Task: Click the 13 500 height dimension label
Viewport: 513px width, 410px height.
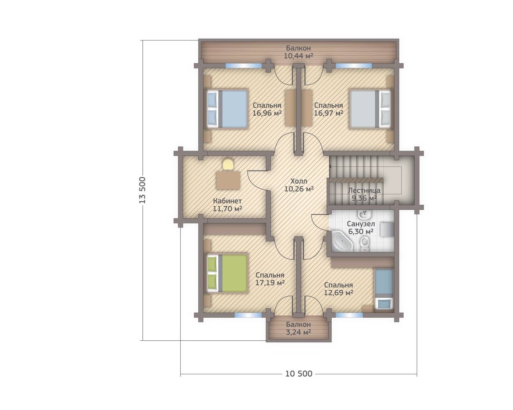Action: point(142,190)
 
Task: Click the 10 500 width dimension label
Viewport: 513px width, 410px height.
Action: point(299,374)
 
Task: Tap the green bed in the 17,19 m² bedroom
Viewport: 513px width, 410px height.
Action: point(227,273)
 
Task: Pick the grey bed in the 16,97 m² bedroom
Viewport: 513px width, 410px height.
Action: point(370,109)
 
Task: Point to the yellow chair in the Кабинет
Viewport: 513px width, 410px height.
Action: point(228,164)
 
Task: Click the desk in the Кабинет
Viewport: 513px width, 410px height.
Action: point(228,180)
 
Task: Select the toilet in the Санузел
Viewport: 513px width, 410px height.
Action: point(365,243)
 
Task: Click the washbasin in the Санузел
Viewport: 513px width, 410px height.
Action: point(365,215)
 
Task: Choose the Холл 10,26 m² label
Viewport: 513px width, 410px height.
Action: point(299,185)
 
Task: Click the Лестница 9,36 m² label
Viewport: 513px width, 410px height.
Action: point(364,194)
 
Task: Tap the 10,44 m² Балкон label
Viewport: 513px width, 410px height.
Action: point(298,52)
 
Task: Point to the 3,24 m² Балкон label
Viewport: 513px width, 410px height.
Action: point(298,328)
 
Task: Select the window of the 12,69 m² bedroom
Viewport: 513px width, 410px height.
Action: point(349,315)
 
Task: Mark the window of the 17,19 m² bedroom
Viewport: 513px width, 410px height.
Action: point(248,315)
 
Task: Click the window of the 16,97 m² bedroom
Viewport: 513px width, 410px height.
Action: point(354,66)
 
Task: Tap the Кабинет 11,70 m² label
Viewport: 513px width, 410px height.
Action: point(227,205)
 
